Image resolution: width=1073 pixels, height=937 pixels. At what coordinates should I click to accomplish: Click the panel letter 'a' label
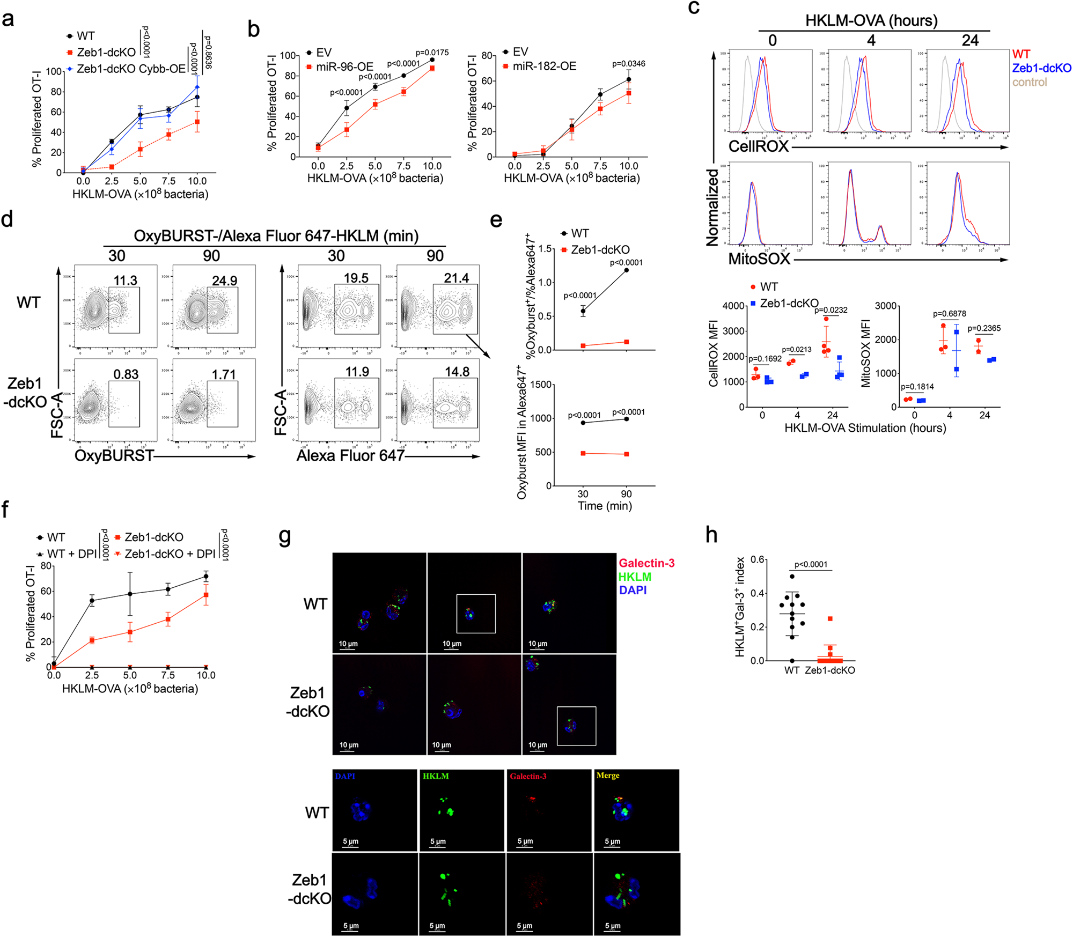tap(8, 20)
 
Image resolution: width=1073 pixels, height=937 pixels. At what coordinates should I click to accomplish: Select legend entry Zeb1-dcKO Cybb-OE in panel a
tap(130, 69)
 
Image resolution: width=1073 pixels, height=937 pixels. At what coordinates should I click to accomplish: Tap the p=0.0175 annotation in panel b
tap(432, 53)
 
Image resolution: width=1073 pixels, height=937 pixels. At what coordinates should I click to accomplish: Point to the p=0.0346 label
tap(628, 64)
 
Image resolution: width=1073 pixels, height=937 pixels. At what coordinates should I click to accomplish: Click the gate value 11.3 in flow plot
tap(125, 281)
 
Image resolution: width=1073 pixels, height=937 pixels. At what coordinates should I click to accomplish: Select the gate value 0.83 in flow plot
tap(126, 374)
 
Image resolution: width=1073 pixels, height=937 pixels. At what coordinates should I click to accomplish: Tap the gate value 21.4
tap(456, 278)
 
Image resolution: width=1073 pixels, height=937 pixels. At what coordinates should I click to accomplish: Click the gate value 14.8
tap(457, 372)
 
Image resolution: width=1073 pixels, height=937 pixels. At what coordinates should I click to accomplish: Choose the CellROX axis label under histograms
tap(758, 146)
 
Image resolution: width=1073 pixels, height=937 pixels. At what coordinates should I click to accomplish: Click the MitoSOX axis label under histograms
tap(759, 259)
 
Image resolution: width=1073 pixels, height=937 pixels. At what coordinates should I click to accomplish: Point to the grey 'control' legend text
tap(1029, 82)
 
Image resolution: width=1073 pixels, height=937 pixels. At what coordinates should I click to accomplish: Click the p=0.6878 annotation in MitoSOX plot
tap(949, 314)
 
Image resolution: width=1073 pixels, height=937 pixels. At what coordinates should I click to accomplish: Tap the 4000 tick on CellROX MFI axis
tap(733, 306)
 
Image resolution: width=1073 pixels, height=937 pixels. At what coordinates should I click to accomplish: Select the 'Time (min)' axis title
tap(604, 506)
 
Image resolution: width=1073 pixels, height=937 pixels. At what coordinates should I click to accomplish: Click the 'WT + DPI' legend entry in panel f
tap(71, 554)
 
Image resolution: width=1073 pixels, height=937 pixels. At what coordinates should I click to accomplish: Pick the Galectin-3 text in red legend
tap(646, 563)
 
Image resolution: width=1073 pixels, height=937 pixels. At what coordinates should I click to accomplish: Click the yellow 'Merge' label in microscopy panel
tap(607, 776)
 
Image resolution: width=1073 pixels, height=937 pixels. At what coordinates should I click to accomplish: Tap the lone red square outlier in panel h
tap(830, 619)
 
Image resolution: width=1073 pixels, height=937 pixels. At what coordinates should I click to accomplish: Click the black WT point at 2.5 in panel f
tap(92, 601)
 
